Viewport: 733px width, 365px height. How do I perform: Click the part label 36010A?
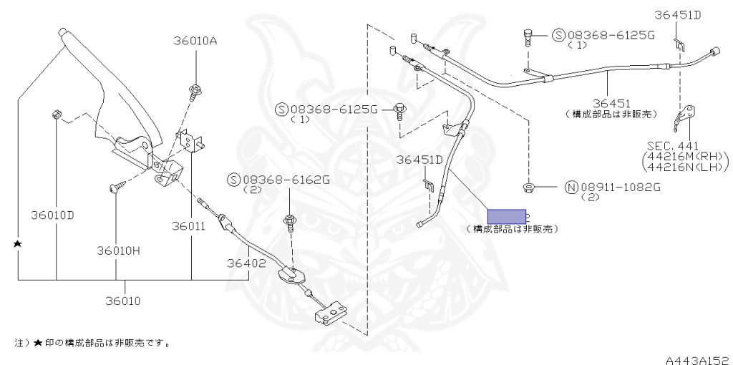[195, 41]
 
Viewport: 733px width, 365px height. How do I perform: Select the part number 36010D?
[52, 214]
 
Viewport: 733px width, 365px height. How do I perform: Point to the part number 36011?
[188, 226]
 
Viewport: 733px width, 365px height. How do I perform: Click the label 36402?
[247, 263]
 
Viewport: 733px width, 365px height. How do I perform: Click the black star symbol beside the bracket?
[18, 244]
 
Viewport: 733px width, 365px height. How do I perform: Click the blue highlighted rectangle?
[507, 216]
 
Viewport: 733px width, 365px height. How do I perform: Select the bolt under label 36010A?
[195, 90]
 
